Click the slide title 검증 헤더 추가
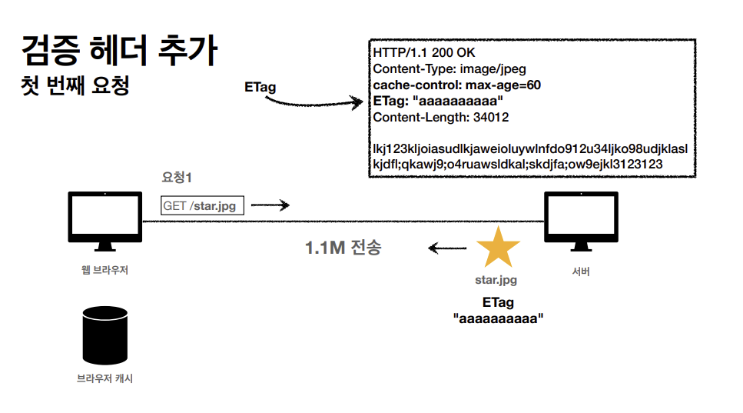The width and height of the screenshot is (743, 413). coord(119,52)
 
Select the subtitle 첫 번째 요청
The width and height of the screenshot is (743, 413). coord(75,85)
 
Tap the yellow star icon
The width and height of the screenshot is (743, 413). coord(498,248)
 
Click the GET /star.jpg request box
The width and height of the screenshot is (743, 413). coord(199,205)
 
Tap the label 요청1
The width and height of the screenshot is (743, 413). coord(176,178)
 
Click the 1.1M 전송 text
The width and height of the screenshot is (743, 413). coord(343,248)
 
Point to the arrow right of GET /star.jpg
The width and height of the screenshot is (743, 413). coord(270,205)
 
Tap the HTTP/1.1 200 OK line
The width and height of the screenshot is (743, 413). coord(425,52)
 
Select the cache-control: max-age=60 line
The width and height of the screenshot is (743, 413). coord(456,85)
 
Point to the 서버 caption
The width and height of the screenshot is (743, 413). coord(581,271)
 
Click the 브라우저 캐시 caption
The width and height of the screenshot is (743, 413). coord(104,378)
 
